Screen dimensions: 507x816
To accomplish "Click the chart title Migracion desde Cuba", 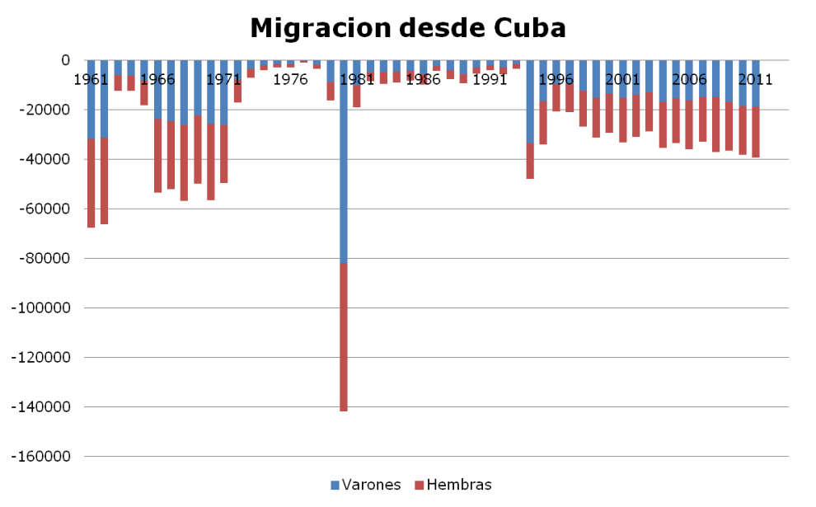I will [x=408, y=28].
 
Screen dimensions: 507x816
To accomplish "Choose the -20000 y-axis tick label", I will [x=45, y=110].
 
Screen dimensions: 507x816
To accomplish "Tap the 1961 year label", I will [x=90, y=80].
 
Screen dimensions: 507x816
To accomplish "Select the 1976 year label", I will [x=290, y=80].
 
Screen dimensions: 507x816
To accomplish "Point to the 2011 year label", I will [x=754, y=80].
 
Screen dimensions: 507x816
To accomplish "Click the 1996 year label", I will [x=556, y=80].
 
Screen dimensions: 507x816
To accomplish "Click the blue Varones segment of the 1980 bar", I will [x=344, y=165].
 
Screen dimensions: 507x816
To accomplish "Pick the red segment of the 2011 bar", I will [x=755, y=132].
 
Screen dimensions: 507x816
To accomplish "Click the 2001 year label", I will [x=621, y=80].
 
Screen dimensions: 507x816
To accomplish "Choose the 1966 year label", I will [x=157, y=80].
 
